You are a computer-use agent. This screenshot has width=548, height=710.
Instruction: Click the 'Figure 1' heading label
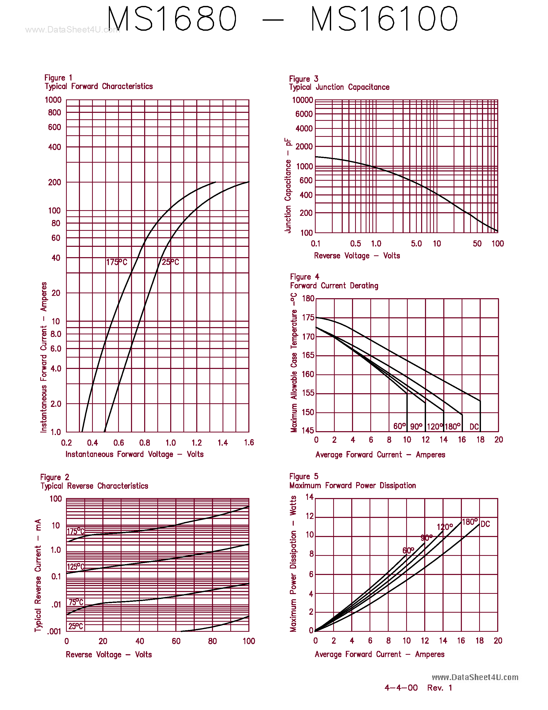pos(58,78)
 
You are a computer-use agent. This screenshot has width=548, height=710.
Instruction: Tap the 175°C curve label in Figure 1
pos(117,262)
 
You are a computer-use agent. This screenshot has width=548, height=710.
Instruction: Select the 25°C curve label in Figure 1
pos(170,262)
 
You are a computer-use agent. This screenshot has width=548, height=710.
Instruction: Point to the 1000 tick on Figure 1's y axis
pos(53,100)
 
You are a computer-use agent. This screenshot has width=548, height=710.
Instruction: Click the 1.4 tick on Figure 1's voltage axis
pos(223,443)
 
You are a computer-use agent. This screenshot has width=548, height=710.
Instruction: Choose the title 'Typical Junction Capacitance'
pos(339,87)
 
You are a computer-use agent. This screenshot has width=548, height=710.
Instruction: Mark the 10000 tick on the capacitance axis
pos(302,100)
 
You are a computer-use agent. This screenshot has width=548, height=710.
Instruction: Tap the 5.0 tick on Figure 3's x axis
pos(416,243)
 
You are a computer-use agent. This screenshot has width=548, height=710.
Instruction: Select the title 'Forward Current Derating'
pos(334,286)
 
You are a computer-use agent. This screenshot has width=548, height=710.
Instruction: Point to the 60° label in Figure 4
pos(399,426)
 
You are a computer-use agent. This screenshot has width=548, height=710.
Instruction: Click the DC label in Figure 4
pos(474,427)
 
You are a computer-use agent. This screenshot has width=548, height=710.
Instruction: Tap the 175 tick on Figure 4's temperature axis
pos(308,317)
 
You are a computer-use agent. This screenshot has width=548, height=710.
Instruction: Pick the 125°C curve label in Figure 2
pos(75,567)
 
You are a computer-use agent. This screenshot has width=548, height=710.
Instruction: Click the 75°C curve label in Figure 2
pos(76,602)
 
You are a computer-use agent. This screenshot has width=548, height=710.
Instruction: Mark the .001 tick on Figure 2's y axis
pos(54,631)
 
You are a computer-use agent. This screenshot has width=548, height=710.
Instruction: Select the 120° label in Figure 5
pos(444,527)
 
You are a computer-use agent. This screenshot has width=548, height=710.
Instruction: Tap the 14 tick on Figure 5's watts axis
pos(309,497)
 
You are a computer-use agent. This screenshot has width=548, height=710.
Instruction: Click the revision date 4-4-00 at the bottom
pos(401,688)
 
